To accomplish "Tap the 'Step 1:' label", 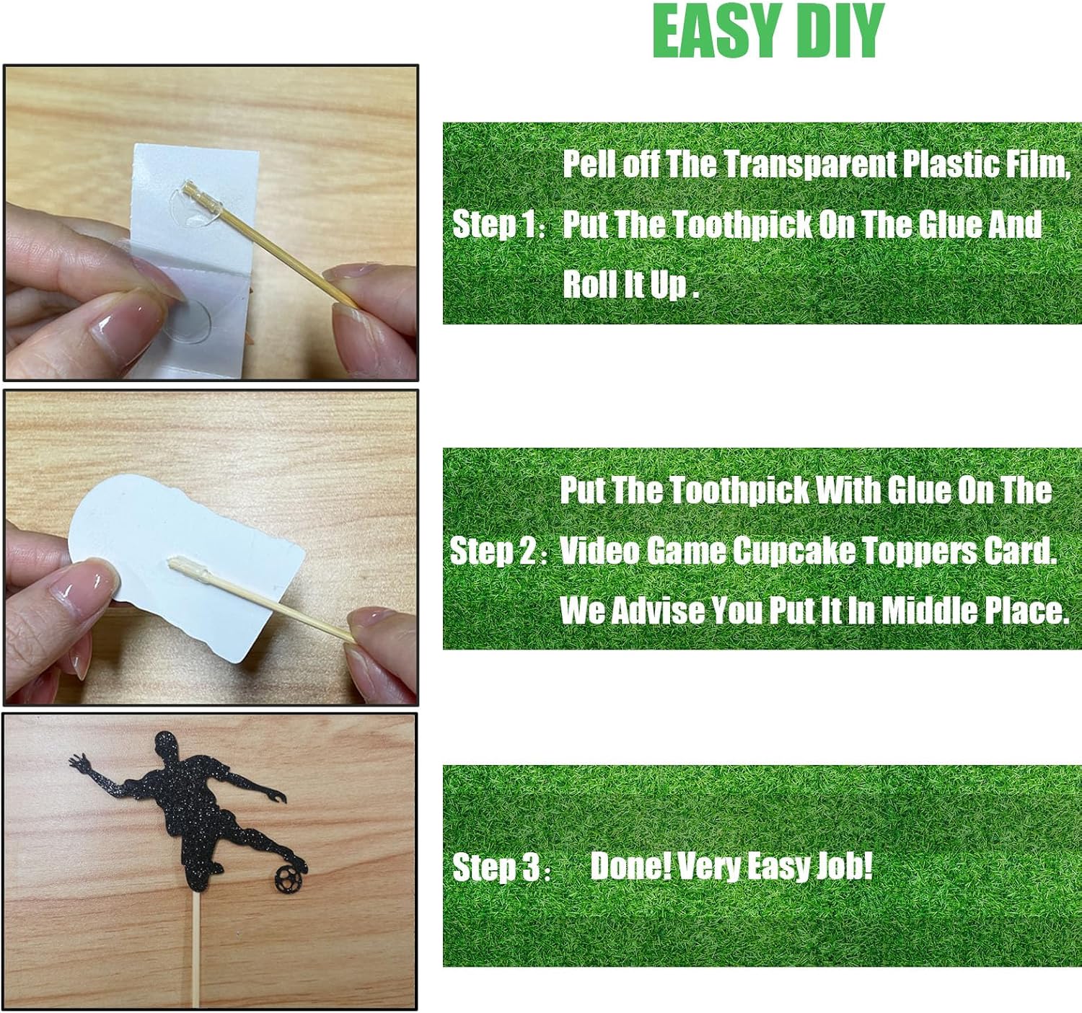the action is [498, 225].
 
